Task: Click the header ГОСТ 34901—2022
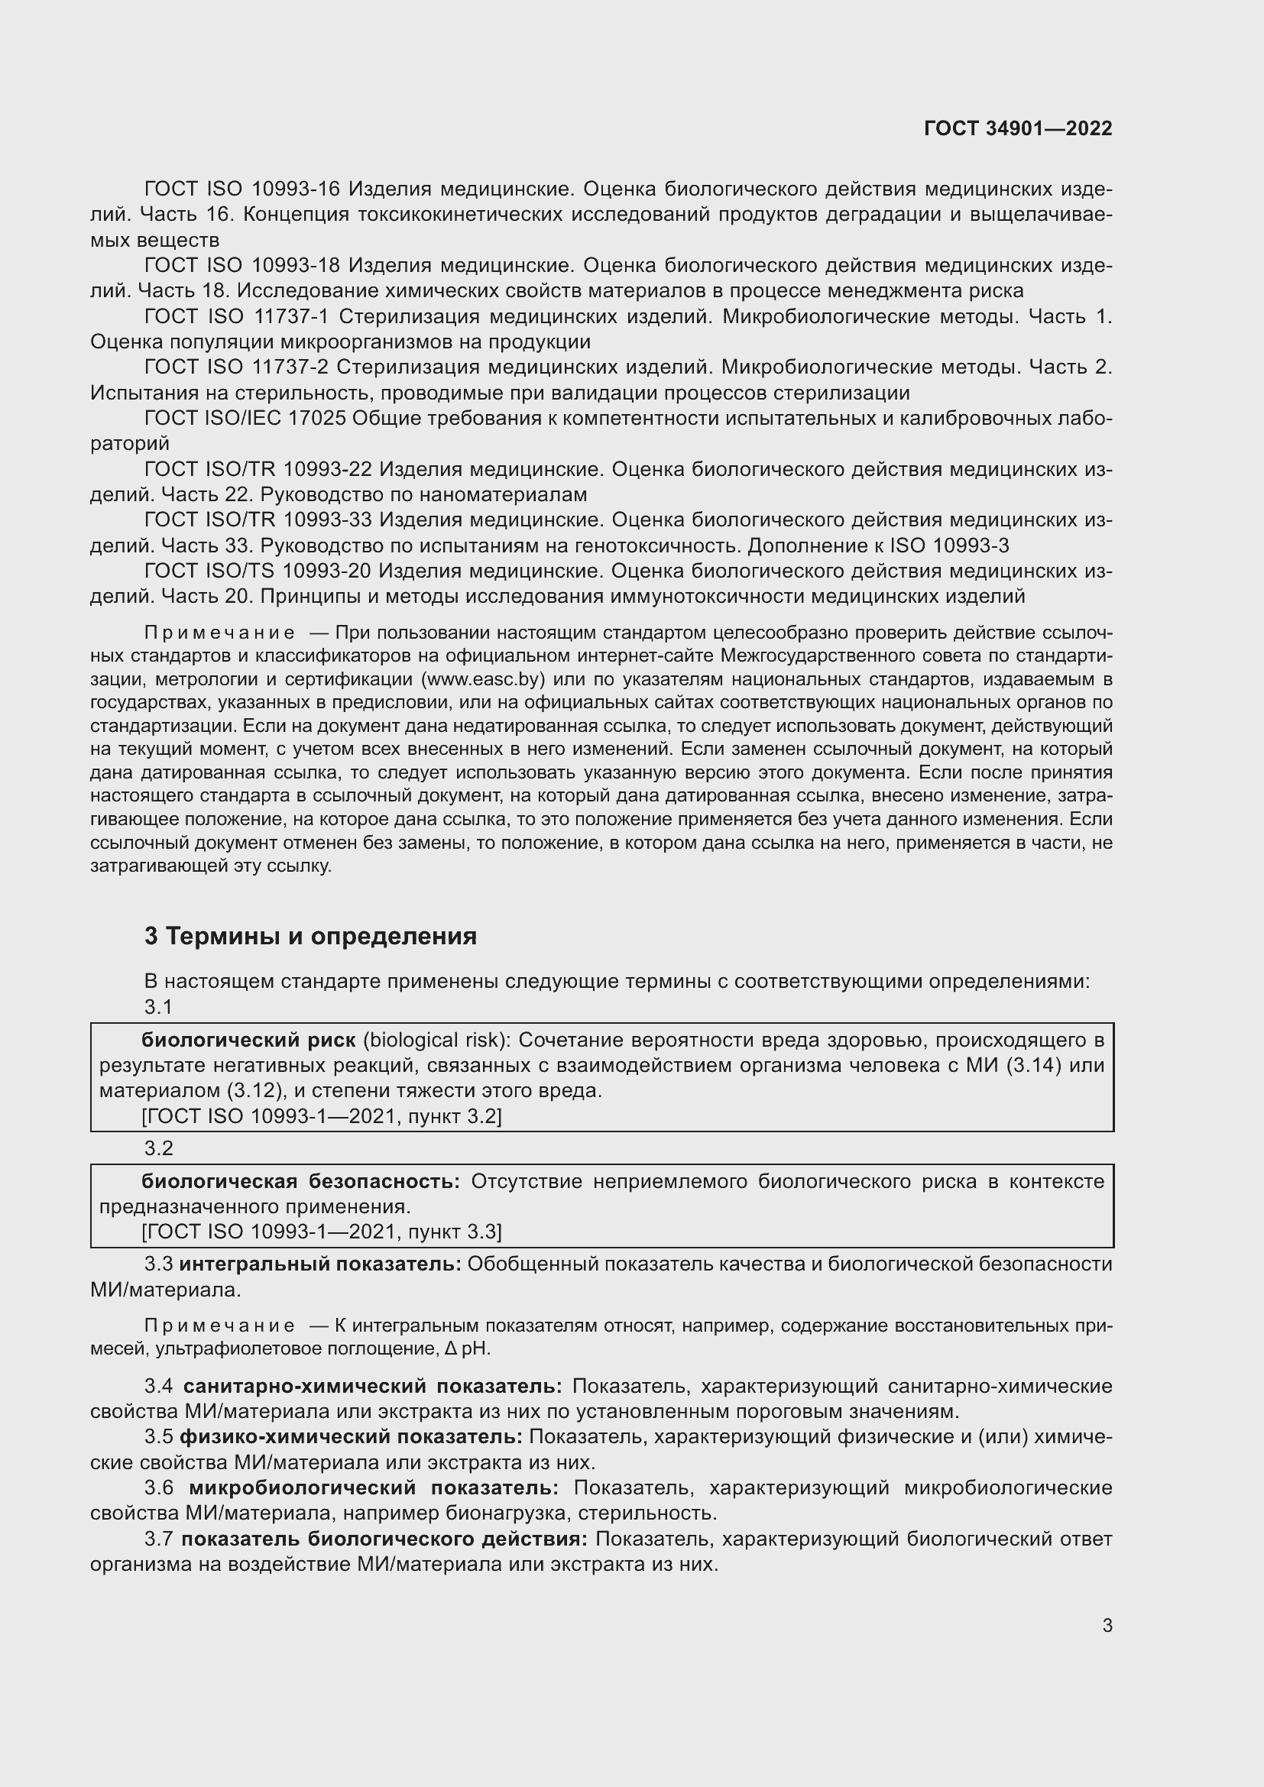point(1017,128)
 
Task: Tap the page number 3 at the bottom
point(1107,1625)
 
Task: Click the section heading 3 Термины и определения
point(310,936)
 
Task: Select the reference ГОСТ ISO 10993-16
point(242,189)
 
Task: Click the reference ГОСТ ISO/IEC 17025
point(245,419)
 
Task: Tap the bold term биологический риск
point(248,1041)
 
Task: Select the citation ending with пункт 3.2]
point(321,1117)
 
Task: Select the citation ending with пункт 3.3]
point(321,1232)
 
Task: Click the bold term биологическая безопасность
point(300,1181)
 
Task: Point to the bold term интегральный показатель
point(320,1264)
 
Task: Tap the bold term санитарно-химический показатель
point(372,1386)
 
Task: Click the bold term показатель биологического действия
point(384,1539)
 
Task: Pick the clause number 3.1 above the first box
point(158,1007)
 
